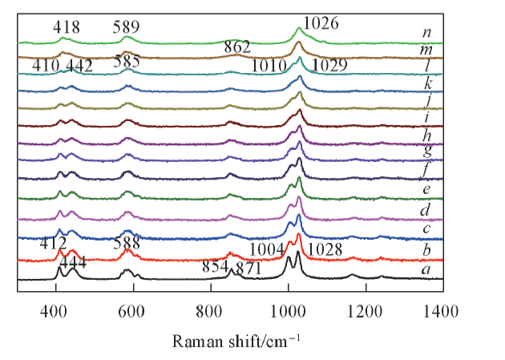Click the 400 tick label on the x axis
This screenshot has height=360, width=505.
click(x=55, y=309)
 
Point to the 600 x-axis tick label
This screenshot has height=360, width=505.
click(x=132, y=309)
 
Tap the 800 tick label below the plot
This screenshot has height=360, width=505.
click(x=209, y=309)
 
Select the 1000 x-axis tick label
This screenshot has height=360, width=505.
click(x=287, y=309)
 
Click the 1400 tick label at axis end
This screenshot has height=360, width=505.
click(x=442, y=309)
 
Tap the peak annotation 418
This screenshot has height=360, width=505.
click(x=67, y=28)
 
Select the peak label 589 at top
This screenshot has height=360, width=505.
click(x=127, y=28)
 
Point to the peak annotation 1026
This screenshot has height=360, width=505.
click(x=322, y=24)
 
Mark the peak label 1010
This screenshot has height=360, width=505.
click(x=268, y=65)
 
